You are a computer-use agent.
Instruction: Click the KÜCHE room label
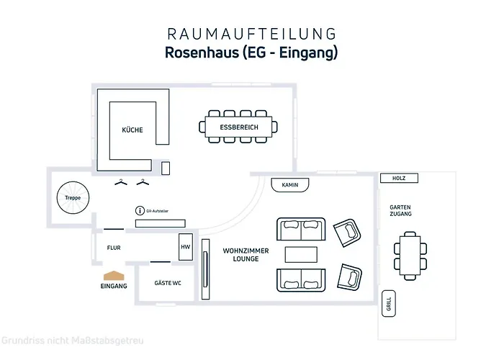click(x=132, y=130)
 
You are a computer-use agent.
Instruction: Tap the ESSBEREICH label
click(x=239, y=127)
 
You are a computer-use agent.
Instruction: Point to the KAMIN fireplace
click(x=290, y=185)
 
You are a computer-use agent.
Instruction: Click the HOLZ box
click(x=398, y=178)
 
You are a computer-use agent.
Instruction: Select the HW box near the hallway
click(x=185, y=247)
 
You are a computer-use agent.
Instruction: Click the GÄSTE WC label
click(x=167, y=284)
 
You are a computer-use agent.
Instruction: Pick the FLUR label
click(x=114, y=248)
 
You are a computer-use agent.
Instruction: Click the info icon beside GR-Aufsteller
click(x=140, y=211)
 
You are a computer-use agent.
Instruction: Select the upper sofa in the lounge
click(x=301, y=230)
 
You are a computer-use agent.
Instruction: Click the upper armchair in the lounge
click(x=347, y=232)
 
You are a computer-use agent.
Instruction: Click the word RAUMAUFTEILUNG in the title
click(x=251, y=33)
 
